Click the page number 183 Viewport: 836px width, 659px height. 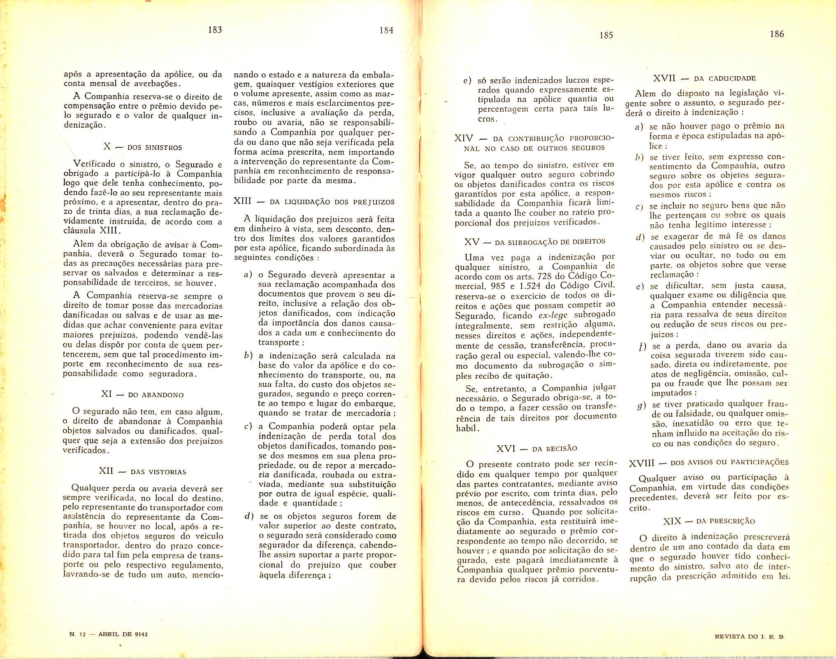(215, 30)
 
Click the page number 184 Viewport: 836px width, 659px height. (386, 30)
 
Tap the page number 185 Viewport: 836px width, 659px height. (606, 35)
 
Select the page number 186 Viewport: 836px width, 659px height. (777, 34)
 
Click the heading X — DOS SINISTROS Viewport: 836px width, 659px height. (142, 147)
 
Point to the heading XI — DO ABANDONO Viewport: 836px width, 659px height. (142, 394)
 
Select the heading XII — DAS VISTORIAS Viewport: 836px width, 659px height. (142, 471)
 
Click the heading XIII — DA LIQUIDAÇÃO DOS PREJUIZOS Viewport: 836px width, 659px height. (314, 202)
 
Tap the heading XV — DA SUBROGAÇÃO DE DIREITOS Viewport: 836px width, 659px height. (535, 242)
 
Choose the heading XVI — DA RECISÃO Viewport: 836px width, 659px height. (536, 448)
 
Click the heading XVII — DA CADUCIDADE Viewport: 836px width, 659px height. (704, 78)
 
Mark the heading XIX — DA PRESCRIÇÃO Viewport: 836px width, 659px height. (709, 521)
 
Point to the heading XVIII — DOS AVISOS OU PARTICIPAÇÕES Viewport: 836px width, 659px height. (709, 463)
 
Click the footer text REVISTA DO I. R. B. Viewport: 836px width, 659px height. (750, 636)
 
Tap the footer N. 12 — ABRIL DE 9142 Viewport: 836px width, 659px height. (109, 634)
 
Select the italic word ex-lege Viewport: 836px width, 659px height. (553, 316)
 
